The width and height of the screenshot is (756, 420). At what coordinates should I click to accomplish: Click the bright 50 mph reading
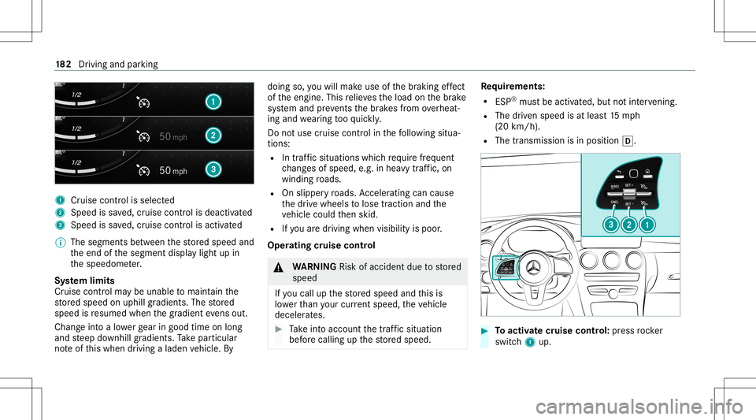coord(172,169)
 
